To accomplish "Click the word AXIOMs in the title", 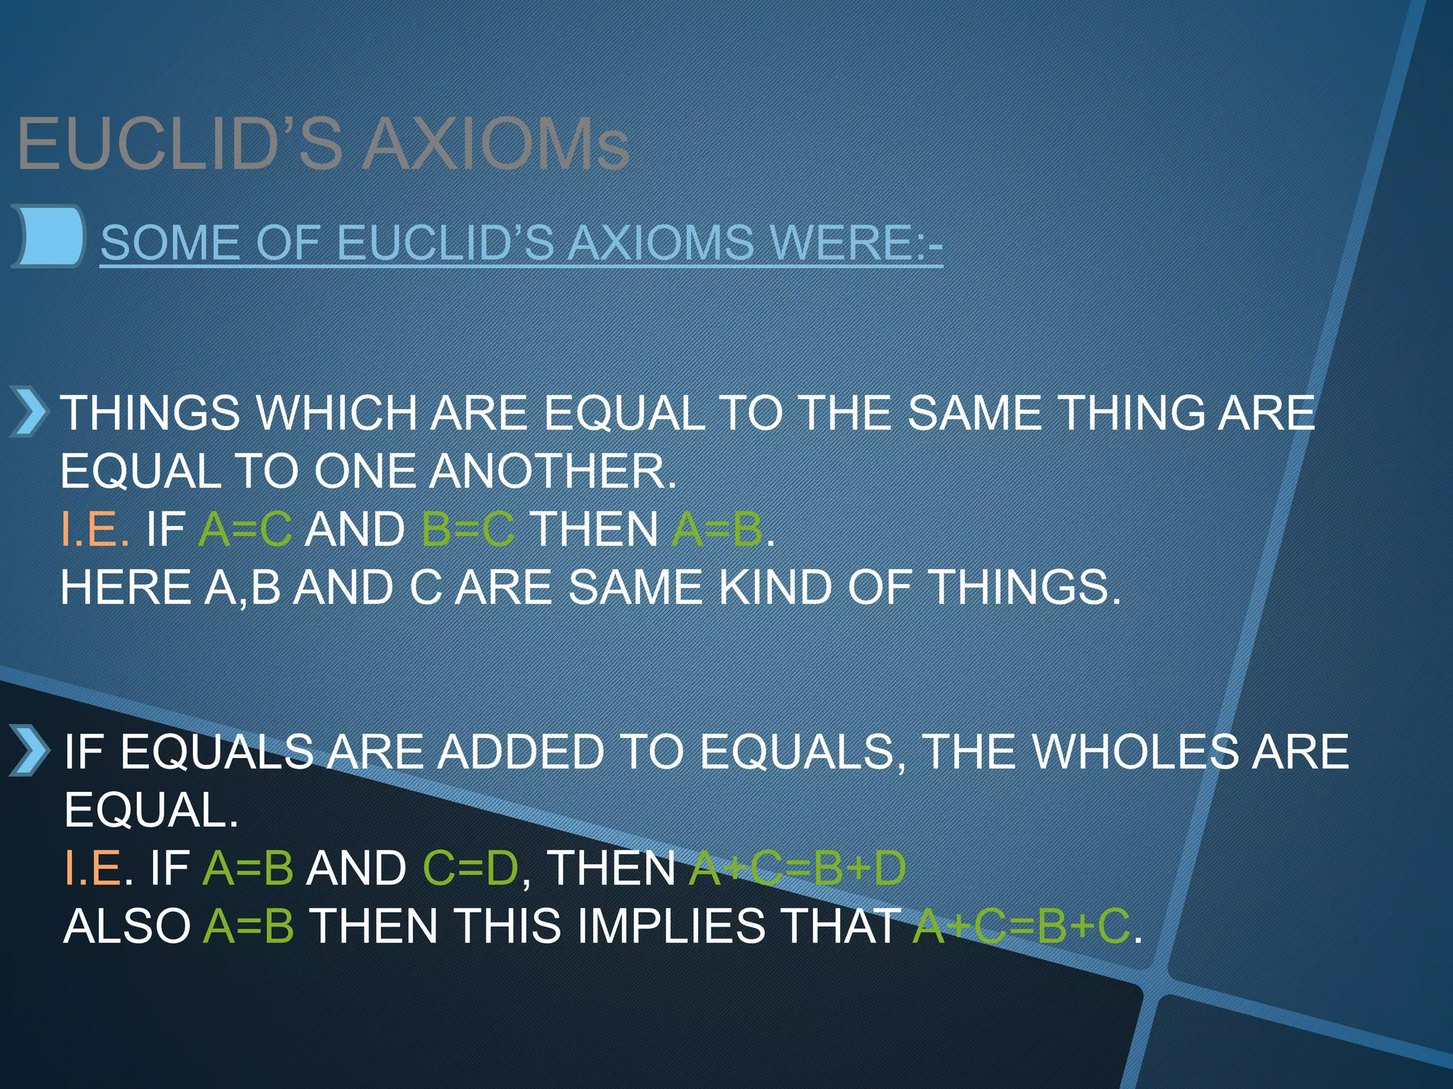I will (x=496, y=145).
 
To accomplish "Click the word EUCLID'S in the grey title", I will (x=180, y=145).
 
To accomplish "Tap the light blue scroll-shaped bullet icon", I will (x=48, y=236).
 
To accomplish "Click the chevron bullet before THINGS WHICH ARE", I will (x=29, y=411).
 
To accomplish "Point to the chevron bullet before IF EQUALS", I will (x=29, y=751).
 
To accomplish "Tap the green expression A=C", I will (x=245, y=530).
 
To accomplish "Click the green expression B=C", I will (x=468, y=530).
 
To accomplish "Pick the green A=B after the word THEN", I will (x=717, y=530).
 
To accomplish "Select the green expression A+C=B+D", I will (x=797, y=869).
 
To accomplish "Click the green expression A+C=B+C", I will (x=1021, y=927).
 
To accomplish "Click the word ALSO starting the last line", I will (x=127, y=927).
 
